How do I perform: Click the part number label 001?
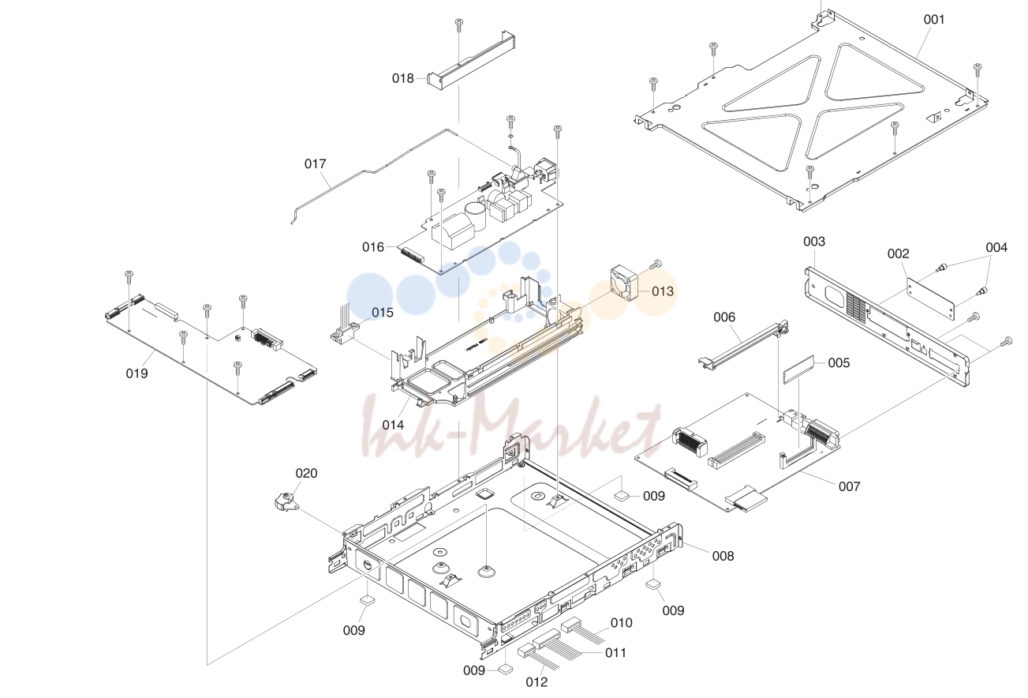point(934,20)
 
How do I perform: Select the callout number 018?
point(403,78)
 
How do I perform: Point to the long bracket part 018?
point(471,60)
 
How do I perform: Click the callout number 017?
point(316,164)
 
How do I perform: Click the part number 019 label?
point(136,373)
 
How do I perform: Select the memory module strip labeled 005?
point(798,370)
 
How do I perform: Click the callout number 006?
point(724,317)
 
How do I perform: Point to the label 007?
point(850,486)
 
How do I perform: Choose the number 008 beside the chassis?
point(723,556)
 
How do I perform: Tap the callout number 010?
point(622,623)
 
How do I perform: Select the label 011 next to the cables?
point(616,653)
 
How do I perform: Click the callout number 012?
point(536,682)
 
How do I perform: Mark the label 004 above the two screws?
point(996,248)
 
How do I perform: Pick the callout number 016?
point(373,247)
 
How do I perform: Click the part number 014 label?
point(394,426)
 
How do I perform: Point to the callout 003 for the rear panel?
point(814,242)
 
